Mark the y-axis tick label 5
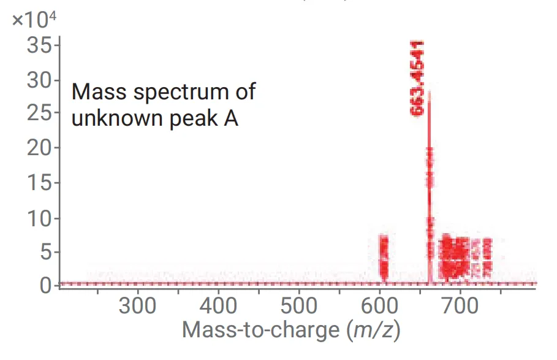coord(45,252)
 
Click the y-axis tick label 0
coord(45,285)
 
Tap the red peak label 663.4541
coord(417,79)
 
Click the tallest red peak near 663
coord(429,184)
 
